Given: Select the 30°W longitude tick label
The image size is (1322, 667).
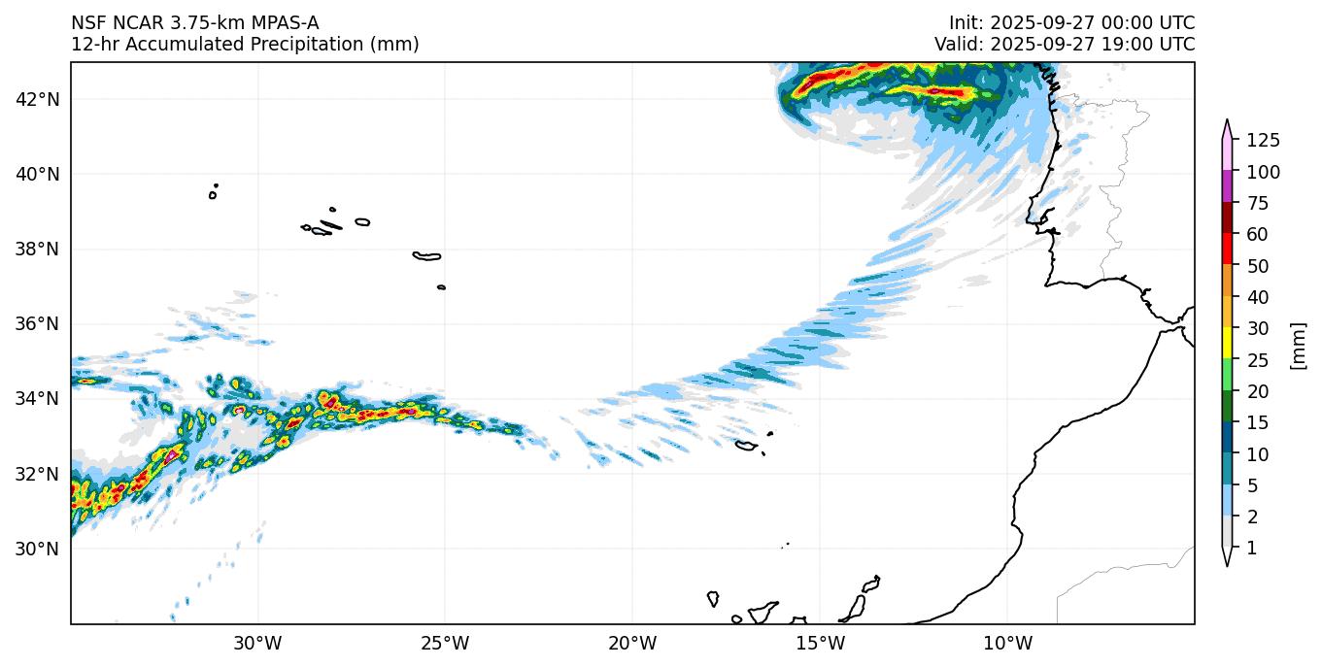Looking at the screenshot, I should click(258, 643).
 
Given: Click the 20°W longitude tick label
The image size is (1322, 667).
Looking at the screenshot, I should click(632, 643).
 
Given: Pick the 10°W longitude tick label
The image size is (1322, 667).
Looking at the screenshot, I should click(1007, 643).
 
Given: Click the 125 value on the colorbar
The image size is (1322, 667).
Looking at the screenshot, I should click(1263, 142).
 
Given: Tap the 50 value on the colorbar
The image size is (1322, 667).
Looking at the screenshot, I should click(1257, 266).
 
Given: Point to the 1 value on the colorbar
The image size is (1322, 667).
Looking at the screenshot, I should click(1251, 549).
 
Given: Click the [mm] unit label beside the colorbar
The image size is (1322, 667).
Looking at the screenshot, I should click(1297, 345).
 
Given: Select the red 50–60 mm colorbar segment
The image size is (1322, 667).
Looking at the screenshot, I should click(1227, 250).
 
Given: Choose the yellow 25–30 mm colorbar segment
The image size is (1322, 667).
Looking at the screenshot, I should click(1227, 343).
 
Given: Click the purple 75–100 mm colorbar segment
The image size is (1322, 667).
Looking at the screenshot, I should click(1227, 186).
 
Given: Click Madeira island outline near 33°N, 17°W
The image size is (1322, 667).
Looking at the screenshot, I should click(746, 446).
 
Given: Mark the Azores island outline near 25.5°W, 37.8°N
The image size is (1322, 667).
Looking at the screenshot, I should click(427, 256).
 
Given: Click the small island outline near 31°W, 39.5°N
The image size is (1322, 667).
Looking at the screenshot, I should click(213, 195).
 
